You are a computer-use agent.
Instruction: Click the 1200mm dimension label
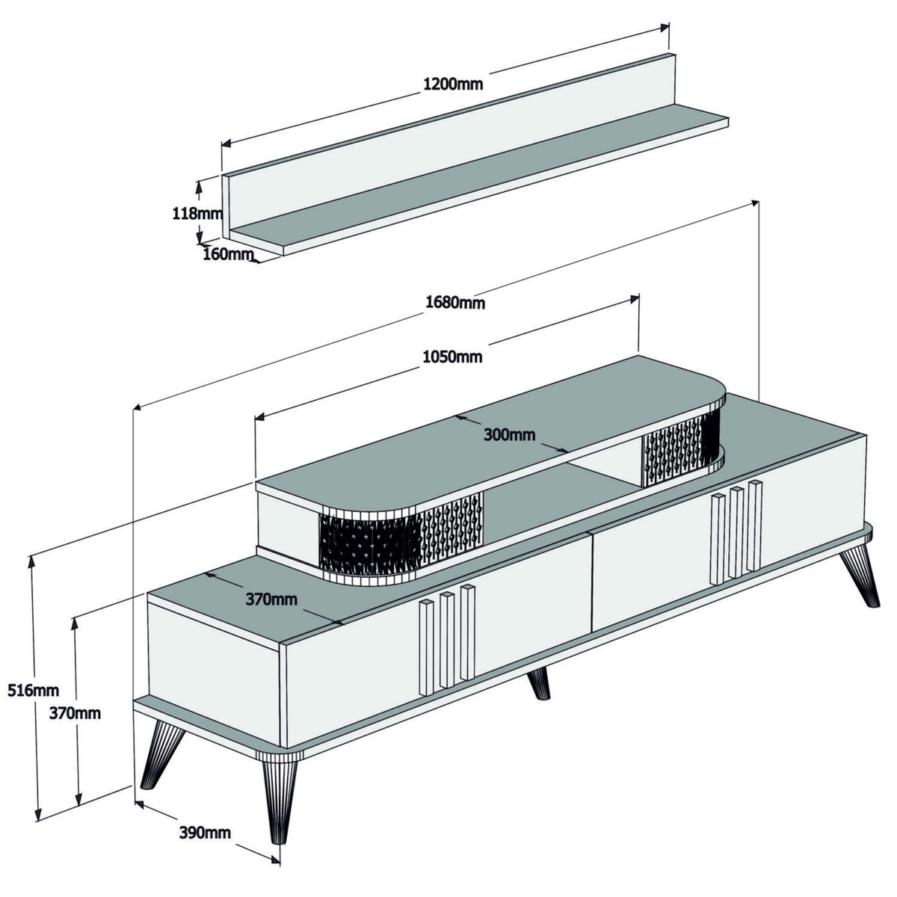click(x=453, y=84)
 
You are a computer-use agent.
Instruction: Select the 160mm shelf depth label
click(x=227, y=254)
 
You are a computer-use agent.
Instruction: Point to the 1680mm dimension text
click(x=454, y=302)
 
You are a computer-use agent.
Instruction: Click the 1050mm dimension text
click(x=452, y=357)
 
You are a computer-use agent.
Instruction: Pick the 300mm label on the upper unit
click(x=509, y=434)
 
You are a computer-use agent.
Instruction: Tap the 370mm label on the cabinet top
click(x=271, y=599)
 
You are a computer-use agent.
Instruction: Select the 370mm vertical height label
click(x=75, y=713)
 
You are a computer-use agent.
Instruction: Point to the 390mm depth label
click(x=204, y=832)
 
